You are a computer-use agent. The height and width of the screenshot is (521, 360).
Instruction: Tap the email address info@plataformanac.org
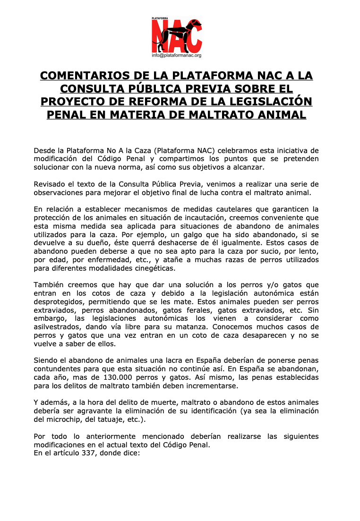tap(177, 55)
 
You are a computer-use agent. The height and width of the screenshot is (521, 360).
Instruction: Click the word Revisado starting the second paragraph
tap(49, 184)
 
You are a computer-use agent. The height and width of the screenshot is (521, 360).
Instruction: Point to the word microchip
tap(66, 419)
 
